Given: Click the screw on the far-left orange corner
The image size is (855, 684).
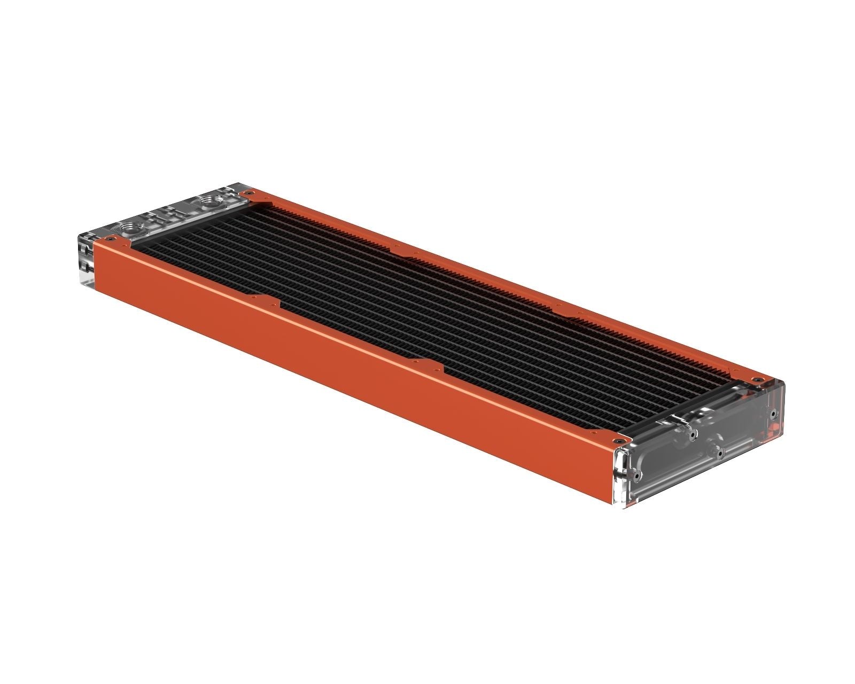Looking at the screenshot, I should tap(246, 192).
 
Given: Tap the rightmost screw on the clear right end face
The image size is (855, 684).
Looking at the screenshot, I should tap(774, 413).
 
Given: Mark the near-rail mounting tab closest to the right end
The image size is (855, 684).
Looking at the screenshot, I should tap(428, 365).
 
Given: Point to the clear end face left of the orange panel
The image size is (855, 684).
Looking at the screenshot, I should tap(85, 262).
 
